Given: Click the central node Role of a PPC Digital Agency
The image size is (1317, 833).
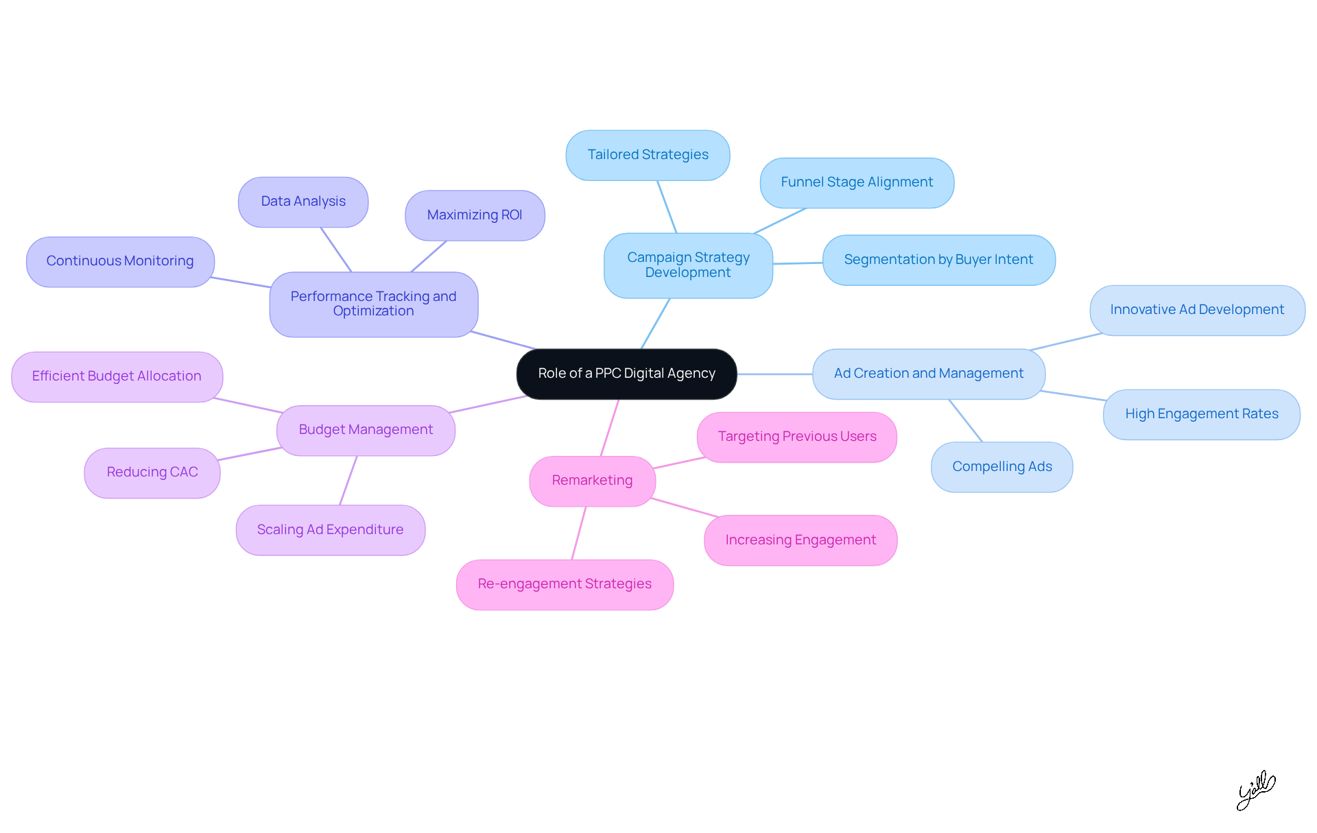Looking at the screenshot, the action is tap(626, 374).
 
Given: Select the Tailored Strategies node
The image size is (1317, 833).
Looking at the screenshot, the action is tap(648, 155).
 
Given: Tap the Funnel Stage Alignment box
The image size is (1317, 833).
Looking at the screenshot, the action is tap(857, 182).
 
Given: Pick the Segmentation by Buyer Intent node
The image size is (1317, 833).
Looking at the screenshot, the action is tap(938, 260).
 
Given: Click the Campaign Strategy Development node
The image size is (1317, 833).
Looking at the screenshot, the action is tap(688, 265).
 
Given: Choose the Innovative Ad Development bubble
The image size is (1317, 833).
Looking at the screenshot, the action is tap(1197, 310).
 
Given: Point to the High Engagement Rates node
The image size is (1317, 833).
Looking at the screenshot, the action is tap(1201, 414).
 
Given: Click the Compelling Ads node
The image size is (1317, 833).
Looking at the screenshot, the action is tap(1001, 467).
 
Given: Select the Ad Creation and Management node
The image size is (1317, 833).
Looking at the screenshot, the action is tap(928, 374).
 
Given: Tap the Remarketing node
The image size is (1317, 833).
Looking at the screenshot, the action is tap(592, 481).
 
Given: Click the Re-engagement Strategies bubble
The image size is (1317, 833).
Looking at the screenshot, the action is tap(565, 584).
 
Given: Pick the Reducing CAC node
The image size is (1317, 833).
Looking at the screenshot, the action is tap(152, 472).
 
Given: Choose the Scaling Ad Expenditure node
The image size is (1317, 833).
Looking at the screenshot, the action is tap(330, 530).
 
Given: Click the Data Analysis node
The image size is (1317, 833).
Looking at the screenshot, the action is tap(303, 202).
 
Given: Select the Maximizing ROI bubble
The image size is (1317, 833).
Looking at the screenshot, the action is tap(475, 215).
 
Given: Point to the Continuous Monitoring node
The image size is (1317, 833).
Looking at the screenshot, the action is tap(120, 261).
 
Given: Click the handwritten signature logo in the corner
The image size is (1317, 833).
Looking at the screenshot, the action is tap(1255, 790).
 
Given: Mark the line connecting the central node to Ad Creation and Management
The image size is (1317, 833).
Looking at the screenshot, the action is tap(774, 374).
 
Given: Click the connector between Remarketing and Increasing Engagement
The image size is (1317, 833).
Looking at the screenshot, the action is tap(684, 507).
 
